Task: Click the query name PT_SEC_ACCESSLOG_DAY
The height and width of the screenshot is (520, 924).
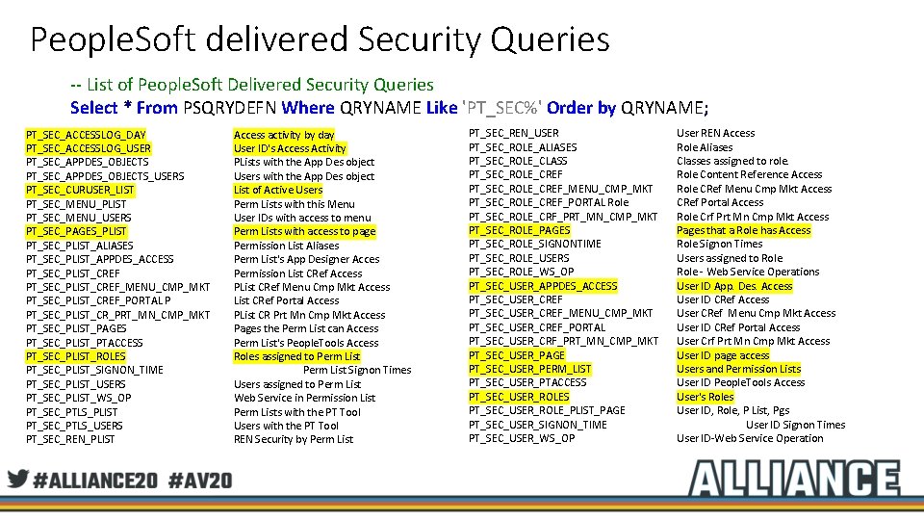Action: (x=86, y=134)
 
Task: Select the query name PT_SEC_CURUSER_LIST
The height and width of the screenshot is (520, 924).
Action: (x=80, y=190)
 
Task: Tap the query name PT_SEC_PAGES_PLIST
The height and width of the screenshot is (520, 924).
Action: (x=76, y=231)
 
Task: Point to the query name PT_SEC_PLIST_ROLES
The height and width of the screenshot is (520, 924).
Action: (x=76, y=356)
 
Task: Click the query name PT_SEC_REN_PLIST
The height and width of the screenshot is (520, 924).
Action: (x=70, y=439)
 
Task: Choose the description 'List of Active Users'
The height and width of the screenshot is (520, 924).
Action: (x=278, y=190)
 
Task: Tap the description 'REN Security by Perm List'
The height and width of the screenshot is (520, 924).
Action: (x=294, y=439)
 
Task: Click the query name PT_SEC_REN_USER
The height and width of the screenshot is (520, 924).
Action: (x=513, y=133)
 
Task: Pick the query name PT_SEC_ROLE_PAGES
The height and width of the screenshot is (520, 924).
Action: (x=519, y=230)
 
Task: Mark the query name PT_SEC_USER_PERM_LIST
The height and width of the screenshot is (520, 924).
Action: (x=529, y=369)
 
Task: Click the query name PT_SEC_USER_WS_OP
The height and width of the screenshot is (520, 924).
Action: (x=522, y=438)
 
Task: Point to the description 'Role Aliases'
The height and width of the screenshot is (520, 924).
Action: (x=705, y=147)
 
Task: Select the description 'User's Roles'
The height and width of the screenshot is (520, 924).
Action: (x=705, y=397)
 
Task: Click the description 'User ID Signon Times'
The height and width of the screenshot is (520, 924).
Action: (x=795, y=425)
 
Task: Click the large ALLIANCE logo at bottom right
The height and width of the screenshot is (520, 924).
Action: (x=793, y=479)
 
